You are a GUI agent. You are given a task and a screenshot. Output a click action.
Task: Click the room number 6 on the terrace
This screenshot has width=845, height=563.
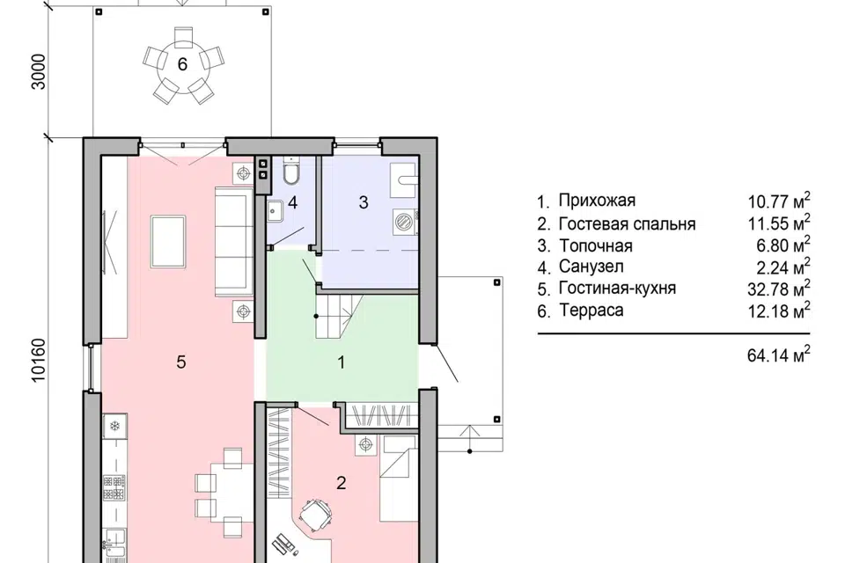(x=182, y=64)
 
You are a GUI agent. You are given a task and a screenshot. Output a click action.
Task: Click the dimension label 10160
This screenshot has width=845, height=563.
(x=40, y=360)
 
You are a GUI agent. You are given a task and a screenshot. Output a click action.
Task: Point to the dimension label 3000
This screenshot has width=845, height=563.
(x=40, y=71)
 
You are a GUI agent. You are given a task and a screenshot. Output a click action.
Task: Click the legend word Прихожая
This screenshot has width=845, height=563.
(x=597, y=201)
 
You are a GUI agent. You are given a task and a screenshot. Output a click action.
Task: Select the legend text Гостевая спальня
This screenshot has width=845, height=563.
(x=627, y=223)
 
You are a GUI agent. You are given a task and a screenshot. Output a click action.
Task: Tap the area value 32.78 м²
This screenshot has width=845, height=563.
(x=779, y=288)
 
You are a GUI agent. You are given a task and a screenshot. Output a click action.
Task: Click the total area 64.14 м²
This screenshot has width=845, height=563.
(x=779, y=355)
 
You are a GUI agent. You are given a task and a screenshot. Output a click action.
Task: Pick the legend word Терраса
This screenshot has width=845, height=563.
(x=591, y=311)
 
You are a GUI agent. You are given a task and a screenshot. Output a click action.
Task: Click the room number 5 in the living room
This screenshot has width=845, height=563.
(x=181, y=362)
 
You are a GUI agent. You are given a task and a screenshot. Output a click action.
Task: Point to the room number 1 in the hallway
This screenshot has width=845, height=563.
(x=341, y=362)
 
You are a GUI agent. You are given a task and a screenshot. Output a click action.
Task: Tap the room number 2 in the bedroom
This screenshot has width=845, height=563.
(x=341, y=483)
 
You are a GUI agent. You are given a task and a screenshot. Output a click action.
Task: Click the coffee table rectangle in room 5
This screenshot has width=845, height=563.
(x=169, y=241)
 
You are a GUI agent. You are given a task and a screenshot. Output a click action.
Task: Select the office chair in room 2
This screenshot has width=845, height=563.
(x=313, y=515)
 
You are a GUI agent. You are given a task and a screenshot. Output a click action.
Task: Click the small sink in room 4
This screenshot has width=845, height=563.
(x=276, y=210)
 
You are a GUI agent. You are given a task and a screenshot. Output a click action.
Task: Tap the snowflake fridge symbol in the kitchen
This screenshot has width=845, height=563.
(x=114, y=426)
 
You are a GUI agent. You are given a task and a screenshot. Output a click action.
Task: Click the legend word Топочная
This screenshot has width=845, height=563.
(x=596, y=245)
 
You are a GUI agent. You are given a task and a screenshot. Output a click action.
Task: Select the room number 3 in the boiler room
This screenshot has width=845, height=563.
(x=364, y=202)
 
